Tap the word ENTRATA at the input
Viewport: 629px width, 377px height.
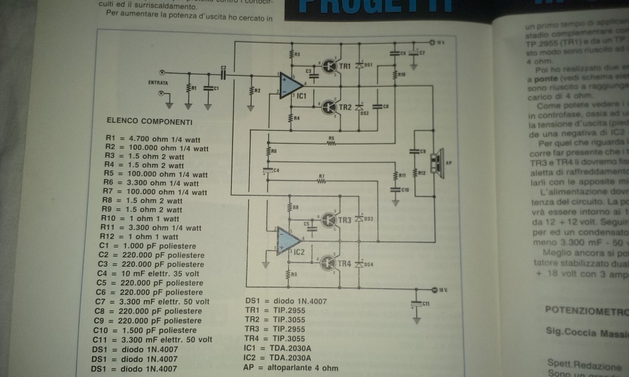pyautogui.click(x=158, y=83)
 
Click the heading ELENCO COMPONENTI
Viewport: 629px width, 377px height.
pyautogui.click(x=149, y=121)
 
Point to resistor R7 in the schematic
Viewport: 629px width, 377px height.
pyautogui.click(x=322, y=181)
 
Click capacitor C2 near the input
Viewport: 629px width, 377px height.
pyautogui.click(x=224, y=75)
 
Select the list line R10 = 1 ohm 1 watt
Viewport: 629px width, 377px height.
pyautogui.click(x=140, y=219)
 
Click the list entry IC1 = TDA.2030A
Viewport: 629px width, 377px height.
pyautogui.click(x=278, y=348)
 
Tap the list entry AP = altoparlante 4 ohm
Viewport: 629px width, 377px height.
pyautogui.click(x=291, y=368)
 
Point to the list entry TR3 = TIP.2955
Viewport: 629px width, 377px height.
pyautogui.click(x=275, y=329)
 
